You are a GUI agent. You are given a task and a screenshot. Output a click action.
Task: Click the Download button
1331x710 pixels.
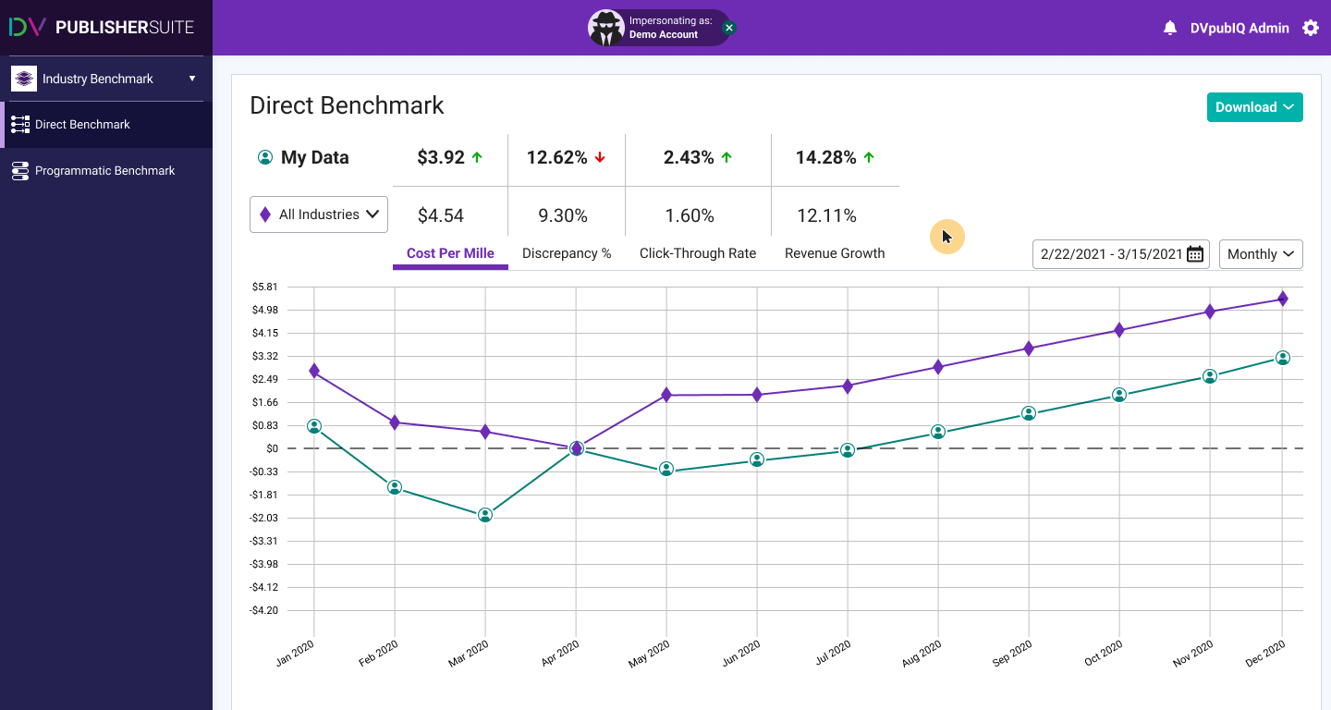1254,107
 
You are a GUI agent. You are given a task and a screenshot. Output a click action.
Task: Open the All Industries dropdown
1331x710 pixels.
319,214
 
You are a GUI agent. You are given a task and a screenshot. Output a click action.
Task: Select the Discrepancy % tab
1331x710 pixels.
567,253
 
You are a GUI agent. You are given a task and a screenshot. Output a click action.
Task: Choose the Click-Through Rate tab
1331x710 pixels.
698,253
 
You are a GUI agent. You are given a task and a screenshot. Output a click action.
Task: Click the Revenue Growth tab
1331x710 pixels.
835,253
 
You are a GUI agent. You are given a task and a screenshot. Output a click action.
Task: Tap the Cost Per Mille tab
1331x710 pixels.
450,253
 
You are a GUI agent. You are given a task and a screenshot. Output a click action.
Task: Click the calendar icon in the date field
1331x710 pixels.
1195,254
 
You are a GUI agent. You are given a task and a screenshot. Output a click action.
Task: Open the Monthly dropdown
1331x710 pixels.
1261,254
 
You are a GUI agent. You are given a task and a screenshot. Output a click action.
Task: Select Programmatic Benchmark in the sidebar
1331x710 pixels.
104,171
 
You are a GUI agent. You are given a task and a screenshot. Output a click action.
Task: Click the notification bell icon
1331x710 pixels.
1170,28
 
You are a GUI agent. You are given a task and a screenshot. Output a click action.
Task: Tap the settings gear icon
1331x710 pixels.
1311,28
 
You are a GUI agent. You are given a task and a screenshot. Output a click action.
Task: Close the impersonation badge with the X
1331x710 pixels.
728,28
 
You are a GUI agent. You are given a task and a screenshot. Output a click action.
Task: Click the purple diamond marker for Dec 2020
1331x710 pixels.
1283,299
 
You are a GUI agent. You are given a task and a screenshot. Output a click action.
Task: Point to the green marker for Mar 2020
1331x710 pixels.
485,515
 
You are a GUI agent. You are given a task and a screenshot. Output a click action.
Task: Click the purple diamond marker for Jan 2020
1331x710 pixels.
314,371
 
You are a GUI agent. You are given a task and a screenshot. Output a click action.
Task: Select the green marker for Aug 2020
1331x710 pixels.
938,432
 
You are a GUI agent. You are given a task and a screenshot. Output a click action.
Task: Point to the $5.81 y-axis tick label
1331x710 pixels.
265,287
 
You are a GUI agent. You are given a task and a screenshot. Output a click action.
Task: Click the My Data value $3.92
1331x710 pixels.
441,158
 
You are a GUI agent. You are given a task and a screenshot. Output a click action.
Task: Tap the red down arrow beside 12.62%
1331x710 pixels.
600,158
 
